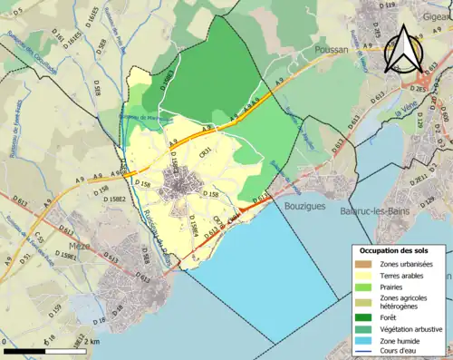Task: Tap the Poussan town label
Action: [x=331, y=52]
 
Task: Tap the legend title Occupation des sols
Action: [x=400, y=250]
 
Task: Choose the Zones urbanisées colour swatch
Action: [x=363, y=264]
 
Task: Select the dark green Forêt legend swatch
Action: [x=363, y=317]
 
